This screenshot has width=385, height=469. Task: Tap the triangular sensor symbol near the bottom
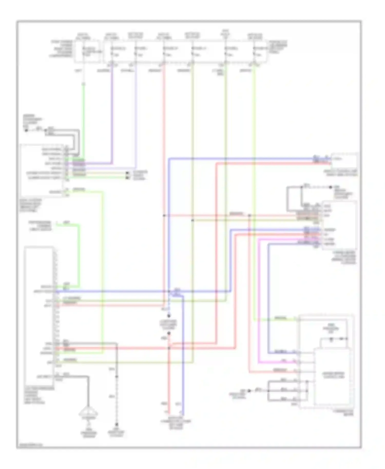tap(88, 414)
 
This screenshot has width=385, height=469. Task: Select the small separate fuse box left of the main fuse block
tap(87, 51)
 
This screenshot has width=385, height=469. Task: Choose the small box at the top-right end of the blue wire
tap(344, 161)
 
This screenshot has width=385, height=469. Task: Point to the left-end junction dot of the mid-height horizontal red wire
tap(164, 216)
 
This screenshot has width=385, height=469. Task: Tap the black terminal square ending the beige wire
tap(127, 173)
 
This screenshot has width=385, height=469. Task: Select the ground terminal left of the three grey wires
tap(249, 391)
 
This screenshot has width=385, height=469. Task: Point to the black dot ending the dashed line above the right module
tap(331, 187)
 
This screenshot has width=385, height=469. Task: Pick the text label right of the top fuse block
tap(278, 46)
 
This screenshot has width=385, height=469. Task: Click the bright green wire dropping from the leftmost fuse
tap(83, 115)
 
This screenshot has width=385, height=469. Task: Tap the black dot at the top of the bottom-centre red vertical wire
tap(169, 334)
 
